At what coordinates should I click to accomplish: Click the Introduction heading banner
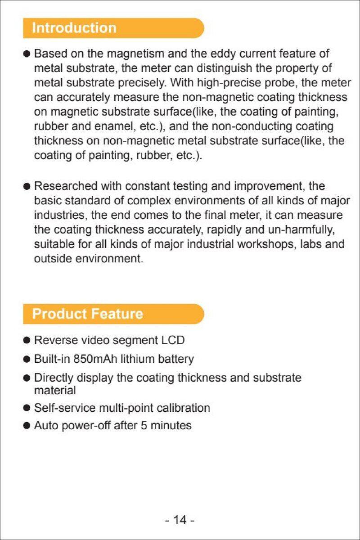tap(112, 28)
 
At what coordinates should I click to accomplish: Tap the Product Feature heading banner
tap(112, 314)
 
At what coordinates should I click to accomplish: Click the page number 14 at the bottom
tap(180, 520)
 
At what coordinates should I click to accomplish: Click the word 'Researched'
tap(66, 186)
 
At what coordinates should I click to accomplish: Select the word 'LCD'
tap(173, 340)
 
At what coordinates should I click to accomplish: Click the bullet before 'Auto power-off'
tap(27, 426)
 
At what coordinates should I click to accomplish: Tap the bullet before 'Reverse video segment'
tap(27, 340)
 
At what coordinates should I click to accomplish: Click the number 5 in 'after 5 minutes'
tap(144, 426)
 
